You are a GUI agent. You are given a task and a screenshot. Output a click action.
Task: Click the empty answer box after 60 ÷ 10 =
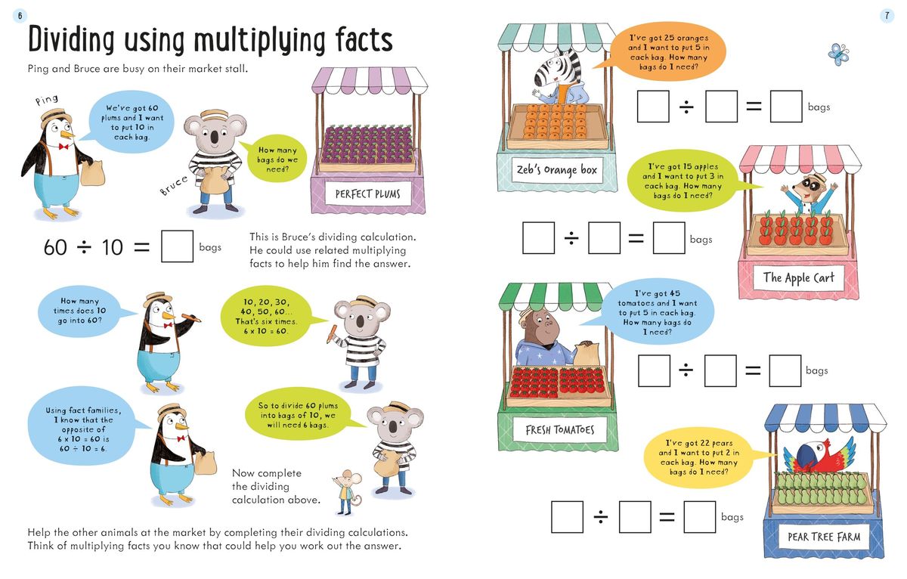177,246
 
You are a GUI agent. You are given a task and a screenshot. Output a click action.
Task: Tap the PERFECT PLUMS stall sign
367,194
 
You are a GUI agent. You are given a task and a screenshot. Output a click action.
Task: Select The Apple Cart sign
798,277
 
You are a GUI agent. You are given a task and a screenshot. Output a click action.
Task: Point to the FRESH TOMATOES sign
559,430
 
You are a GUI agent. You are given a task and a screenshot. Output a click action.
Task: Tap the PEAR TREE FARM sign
823,537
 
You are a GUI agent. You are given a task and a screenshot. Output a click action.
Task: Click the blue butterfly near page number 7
838,54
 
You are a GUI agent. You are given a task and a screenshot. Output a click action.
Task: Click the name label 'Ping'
47,100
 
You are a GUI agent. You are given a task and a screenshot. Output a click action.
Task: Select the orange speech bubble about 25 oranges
663,51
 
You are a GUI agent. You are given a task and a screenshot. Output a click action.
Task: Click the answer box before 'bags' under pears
699,517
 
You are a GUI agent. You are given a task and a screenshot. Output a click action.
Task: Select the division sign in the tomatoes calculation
685,370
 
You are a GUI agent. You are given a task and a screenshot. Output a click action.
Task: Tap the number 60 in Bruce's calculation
55,247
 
